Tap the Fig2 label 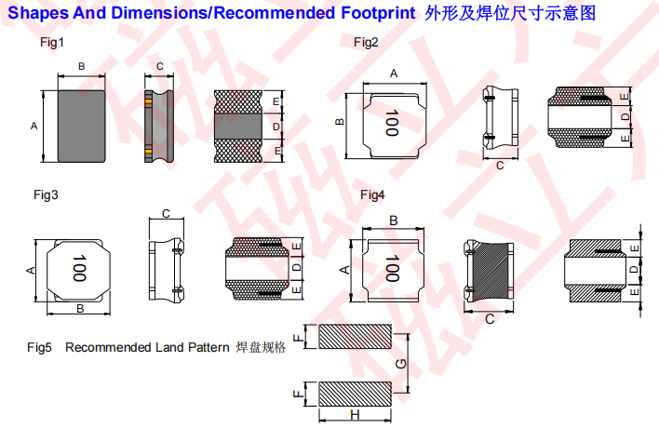click(x=366, y=44)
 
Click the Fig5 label click(x=39, y=348)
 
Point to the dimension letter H click(x=355, y=414)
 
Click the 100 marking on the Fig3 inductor click(x=79, y=269)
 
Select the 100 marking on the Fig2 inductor click(x=391, y=123)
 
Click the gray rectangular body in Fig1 click(x=81, y=125)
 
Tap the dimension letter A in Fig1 click(x=34, y=125)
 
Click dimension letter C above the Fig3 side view click(x=166, y=214)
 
